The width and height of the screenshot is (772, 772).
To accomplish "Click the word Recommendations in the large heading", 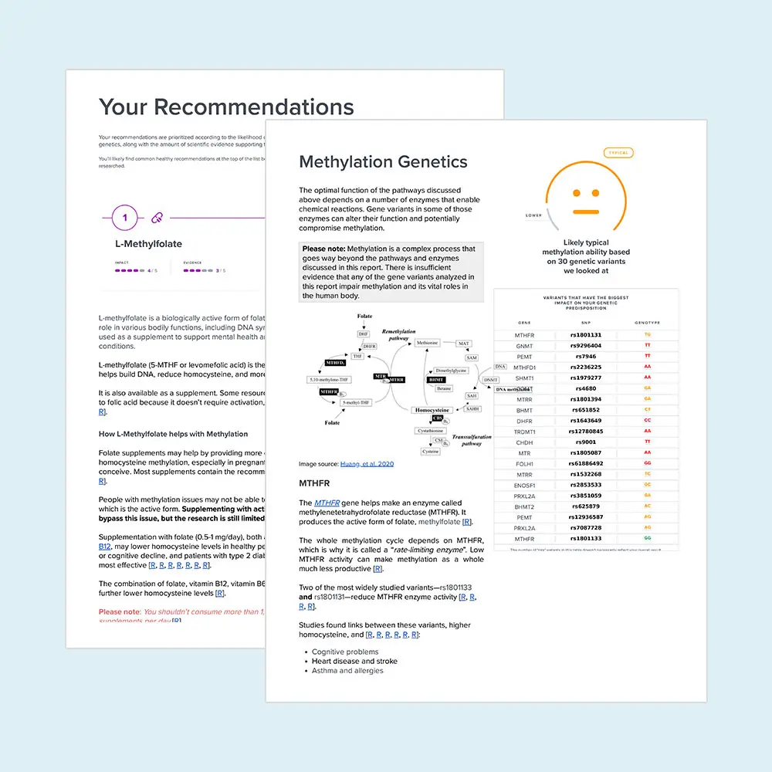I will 260,107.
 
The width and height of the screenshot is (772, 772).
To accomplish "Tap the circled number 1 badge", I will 125,218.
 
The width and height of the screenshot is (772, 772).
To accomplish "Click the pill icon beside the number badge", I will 157,218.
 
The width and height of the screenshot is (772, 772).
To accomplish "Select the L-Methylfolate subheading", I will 148,244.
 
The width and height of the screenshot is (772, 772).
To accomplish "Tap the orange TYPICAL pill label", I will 618,153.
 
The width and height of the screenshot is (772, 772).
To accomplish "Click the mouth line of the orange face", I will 586,211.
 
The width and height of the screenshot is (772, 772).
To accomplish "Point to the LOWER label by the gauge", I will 533,215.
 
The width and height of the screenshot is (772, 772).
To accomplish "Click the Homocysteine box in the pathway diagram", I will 432,410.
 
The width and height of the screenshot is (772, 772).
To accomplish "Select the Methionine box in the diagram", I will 427,343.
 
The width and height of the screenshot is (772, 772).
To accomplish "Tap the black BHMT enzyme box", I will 436,380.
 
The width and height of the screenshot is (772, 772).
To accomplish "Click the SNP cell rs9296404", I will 586,346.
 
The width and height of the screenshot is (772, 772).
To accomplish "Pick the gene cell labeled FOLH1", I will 524,464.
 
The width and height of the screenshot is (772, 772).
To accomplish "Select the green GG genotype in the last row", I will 647,539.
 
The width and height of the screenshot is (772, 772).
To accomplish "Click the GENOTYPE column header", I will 647,323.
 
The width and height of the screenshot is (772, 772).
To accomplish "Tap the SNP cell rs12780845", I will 586,432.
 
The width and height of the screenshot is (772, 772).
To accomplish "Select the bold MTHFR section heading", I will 315,483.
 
